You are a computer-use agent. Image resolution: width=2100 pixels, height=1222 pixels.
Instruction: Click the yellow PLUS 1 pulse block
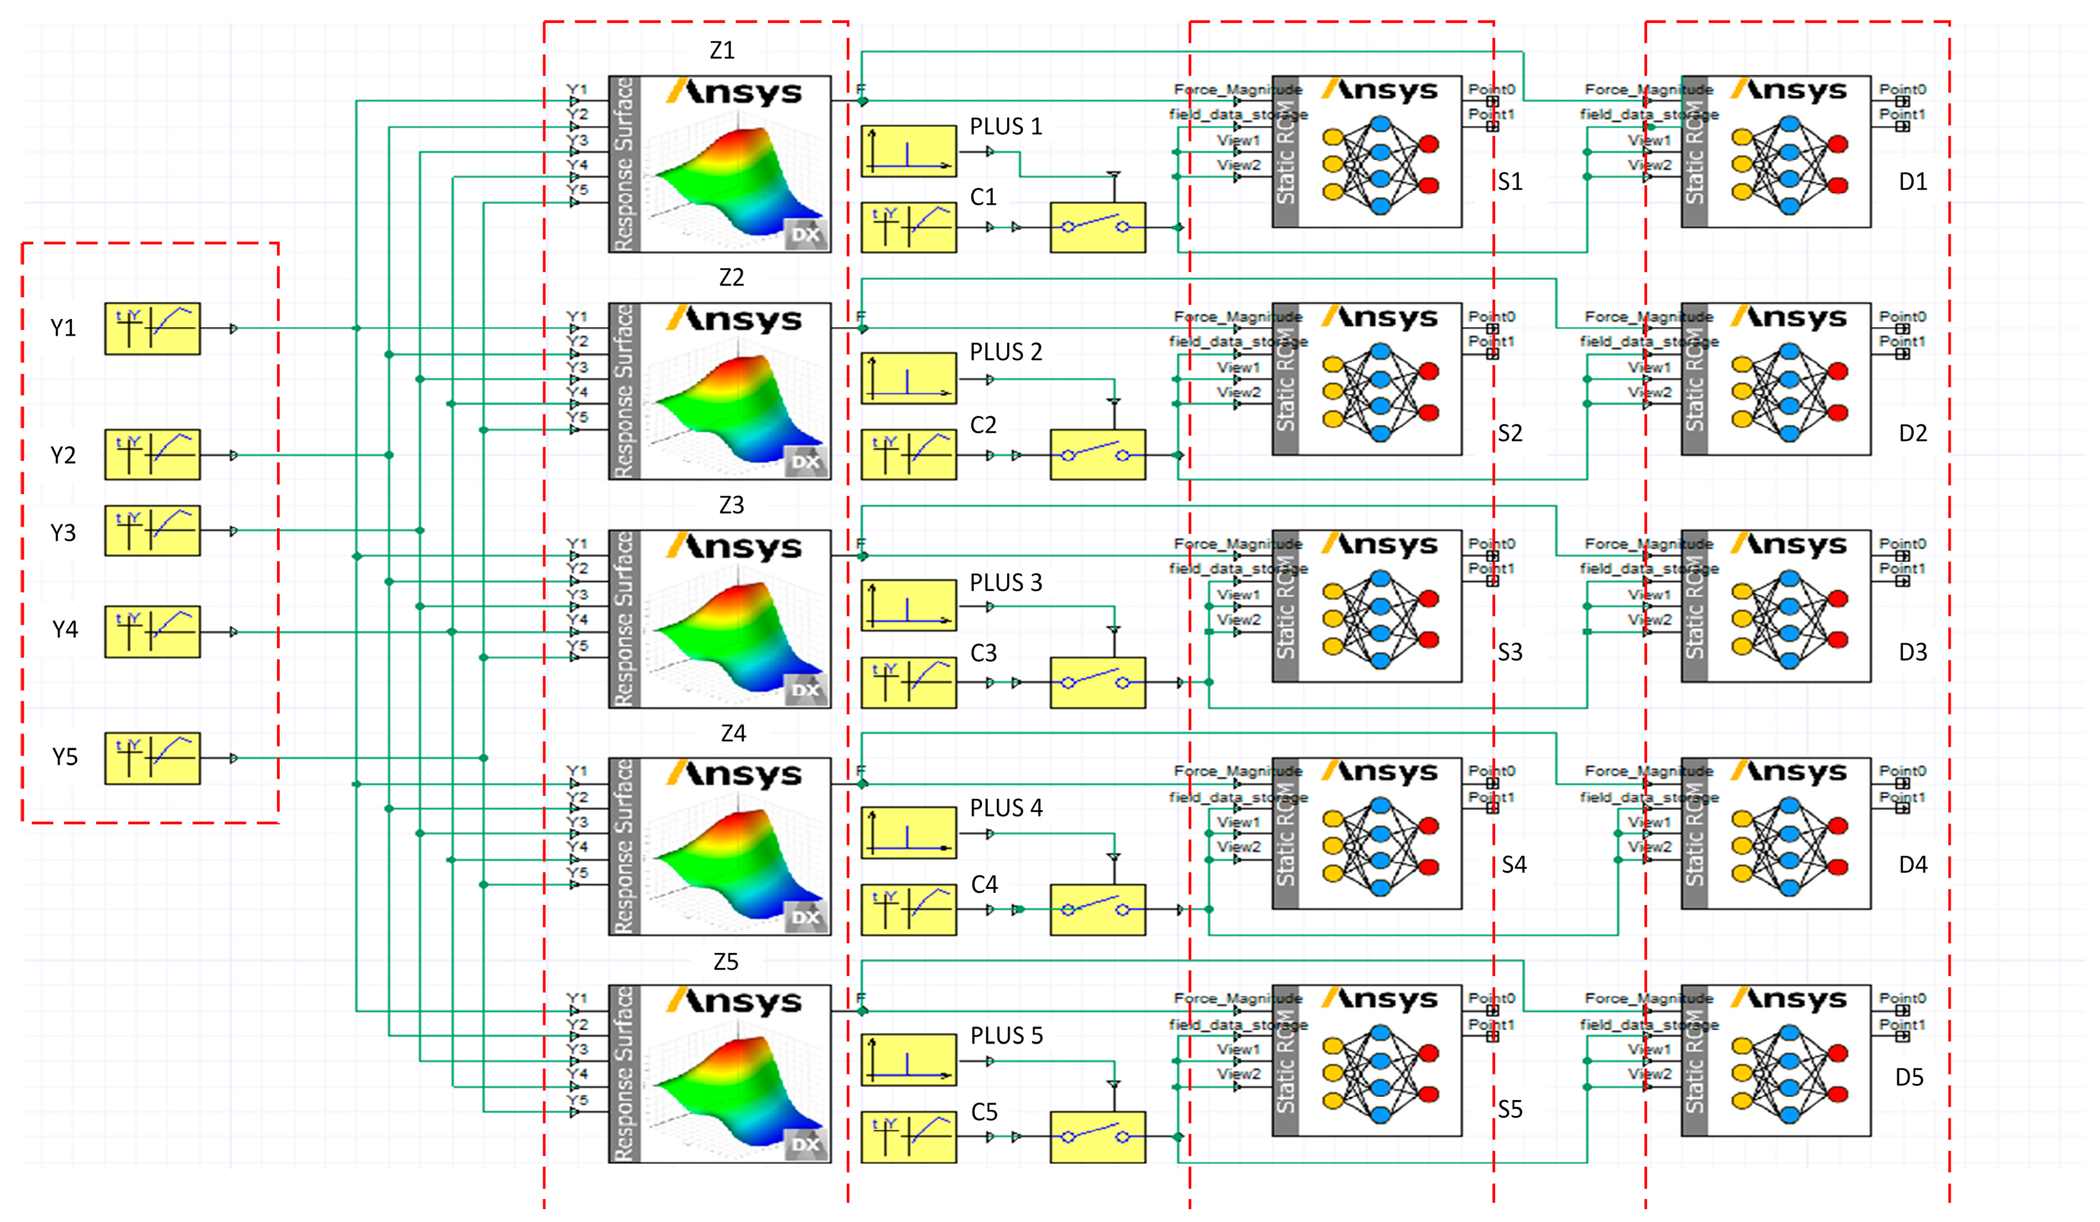[908, 151]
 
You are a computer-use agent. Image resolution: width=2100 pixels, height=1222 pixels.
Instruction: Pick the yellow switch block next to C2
[1097, 455]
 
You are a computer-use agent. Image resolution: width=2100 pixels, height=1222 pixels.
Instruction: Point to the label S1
[1509, 182]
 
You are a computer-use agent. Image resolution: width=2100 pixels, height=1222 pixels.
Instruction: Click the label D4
[1913, 865]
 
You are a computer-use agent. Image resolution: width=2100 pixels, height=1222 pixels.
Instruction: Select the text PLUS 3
[1005, 583]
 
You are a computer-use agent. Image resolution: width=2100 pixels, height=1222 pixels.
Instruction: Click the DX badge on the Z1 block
[805, 235]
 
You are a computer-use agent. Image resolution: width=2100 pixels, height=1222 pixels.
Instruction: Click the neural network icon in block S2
[1380, 392]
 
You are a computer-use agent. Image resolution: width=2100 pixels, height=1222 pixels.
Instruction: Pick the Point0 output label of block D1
[1902, 89]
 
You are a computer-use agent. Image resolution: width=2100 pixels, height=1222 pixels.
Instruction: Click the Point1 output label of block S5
[1491, 1024]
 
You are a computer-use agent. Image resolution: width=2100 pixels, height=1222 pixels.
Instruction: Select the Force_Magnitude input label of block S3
[1237, 544]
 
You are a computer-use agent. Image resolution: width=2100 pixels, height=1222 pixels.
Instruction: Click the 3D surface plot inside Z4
[738, 859]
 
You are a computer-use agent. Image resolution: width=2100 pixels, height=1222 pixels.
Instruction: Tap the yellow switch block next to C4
[1097, 909]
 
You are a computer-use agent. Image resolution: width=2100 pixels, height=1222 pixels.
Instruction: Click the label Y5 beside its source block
[64, 757]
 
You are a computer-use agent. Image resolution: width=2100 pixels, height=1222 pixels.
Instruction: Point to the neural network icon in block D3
[1789, 619]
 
